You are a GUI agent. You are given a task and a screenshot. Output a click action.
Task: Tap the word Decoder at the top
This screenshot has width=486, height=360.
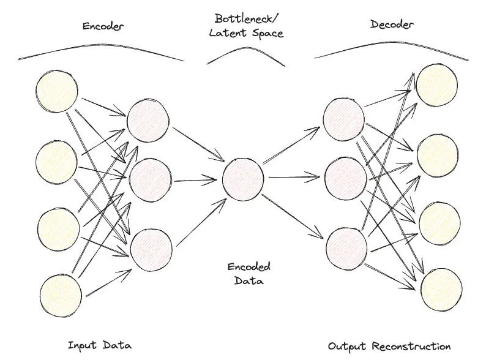click(391, 24)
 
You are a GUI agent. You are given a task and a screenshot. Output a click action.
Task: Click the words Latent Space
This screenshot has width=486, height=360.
click(246, 33)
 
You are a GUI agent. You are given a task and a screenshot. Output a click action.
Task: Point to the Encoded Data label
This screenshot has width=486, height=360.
click(249, 274)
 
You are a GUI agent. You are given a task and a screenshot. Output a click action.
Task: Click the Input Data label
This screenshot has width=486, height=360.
click(100, 345)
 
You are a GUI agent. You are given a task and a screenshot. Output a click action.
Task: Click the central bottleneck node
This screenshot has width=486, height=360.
click(243, 178)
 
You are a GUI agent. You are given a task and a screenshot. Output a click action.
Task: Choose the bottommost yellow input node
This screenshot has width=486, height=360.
click(60, 296)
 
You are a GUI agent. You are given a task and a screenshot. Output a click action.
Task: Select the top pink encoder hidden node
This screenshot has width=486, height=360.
click(148, 119)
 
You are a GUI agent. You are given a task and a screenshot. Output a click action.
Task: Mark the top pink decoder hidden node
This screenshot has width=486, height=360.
click(343, 117)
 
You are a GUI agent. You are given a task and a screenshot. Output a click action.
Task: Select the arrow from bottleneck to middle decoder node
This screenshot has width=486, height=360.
click(293, 178)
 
